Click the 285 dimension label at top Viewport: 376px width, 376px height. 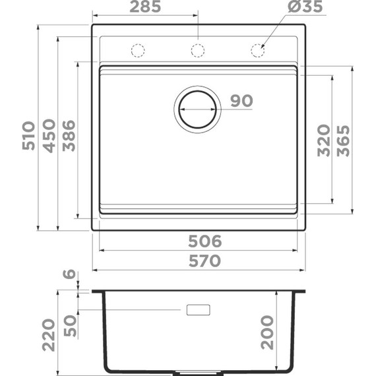[x=144, y=8]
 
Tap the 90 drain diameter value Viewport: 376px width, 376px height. [x=242, y=100]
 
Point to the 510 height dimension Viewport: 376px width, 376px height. [x=28, y=136]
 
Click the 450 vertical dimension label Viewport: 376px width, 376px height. [x=48, y=136]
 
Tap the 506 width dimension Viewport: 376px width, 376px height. [x=203, y=241]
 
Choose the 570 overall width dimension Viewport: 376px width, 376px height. [x=203, y=261]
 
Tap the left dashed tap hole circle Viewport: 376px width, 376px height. [x=138, y=50]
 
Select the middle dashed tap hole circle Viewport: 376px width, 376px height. [x=197, y=50]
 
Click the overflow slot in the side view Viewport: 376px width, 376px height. [x=199, y=310]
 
